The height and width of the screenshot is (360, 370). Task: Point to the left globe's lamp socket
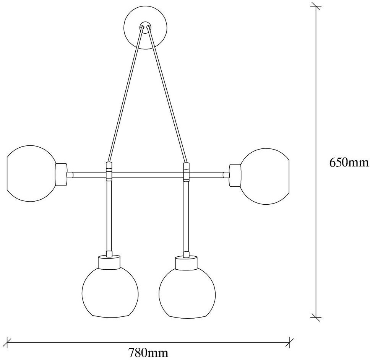[61, 175]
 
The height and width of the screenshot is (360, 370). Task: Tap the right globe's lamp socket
[235, 175]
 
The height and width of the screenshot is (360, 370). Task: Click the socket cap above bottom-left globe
[109, 262]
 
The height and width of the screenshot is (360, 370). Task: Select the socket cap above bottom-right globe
[187, 262]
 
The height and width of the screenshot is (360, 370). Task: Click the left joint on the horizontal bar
[109, 171]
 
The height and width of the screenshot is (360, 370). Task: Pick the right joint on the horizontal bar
[187, 171]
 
